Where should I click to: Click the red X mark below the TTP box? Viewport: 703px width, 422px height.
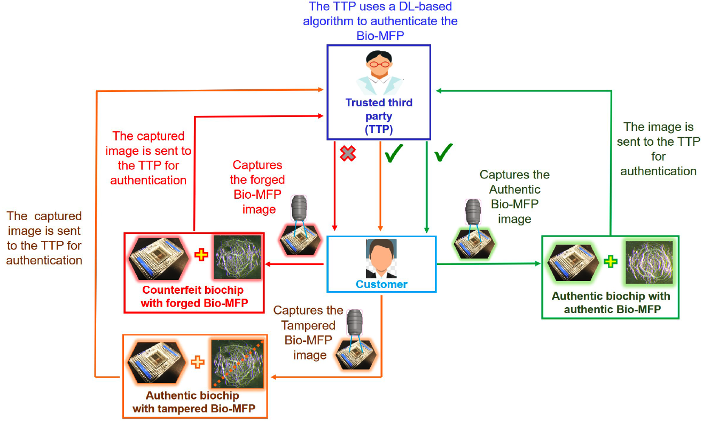click(x=348, y=153)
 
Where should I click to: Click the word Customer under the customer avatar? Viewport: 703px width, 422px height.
click(x=381, y=284)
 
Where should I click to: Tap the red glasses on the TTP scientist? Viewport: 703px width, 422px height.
click(x=379, y=65)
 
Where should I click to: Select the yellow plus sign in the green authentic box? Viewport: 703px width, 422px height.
click(x=611, y=261)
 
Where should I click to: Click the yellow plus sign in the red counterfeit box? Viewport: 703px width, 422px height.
click(x=201, y=255)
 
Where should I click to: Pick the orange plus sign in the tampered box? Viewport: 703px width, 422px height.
click(x=198, y=362)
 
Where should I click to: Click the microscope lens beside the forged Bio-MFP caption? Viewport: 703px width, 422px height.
click(x=299, y=208)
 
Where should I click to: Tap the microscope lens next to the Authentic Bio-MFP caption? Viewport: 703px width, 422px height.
click(x=473, y=212)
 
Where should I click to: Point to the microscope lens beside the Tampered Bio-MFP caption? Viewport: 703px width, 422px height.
click(x=355, y=322)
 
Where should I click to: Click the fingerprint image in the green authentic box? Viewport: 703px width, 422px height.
click(x=649, y=263)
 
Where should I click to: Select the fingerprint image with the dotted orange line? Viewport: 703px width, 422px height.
click(x=237, y=364)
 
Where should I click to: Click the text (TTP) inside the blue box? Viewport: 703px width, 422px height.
click(x=379, y=129)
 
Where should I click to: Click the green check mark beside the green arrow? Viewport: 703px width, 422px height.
click(x=443, y=152)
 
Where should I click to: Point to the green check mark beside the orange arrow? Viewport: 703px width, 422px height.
click(x=394, y=153)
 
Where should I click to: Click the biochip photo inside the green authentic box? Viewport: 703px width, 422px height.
click(x=573, y=263)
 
